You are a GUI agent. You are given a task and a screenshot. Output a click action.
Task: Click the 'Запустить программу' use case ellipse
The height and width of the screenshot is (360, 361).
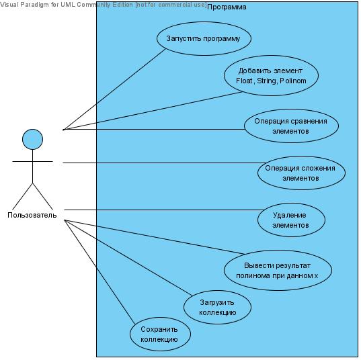point(204,39)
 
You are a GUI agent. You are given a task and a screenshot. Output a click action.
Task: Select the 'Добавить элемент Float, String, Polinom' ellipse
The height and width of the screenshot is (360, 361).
point(271,75)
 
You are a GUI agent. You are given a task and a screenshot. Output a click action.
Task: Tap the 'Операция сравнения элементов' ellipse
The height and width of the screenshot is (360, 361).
point(291,126)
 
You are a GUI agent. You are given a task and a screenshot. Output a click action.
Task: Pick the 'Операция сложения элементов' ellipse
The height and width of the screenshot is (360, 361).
point(301,173)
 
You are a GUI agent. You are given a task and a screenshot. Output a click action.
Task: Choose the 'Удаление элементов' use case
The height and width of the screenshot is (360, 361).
point(291,220)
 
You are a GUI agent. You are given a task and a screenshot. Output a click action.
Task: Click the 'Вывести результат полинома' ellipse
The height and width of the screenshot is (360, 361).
point(278,270)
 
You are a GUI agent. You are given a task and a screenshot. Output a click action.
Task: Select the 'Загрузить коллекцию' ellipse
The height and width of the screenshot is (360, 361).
point(217,308)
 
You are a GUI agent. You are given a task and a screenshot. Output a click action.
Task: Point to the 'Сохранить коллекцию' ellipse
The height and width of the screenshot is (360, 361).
point(160,334)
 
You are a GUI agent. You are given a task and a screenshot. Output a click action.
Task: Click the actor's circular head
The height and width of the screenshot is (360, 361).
point(32,140)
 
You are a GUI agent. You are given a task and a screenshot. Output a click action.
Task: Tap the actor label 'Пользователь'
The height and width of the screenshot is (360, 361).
point(32,215)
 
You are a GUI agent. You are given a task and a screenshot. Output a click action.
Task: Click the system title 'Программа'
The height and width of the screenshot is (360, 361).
point(227,7)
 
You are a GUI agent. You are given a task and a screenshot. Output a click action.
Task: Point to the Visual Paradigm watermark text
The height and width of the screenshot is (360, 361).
point(103,5)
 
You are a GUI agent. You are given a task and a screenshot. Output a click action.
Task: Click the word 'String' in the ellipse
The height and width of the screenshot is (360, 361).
point(266,81)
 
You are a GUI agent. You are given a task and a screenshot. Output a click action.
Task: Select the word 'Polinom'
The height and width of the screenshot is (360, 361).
point(293,81)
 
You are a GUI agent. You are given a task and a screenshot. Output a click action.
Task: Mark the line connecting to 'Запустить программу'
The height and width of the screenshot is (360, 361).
point(115,89)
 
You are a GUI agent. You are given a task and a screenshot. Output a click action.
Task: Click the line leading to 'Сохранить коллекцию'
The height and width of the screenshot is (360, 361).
point(99,272)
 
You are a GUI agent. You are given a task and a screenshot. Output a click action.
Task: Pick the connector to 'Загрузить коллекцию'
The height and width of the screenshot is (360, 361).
point(128,258)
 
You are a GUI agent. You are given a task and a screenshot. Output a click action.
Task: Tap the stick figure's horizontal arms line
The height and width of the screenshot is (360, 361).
point(32,161)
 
